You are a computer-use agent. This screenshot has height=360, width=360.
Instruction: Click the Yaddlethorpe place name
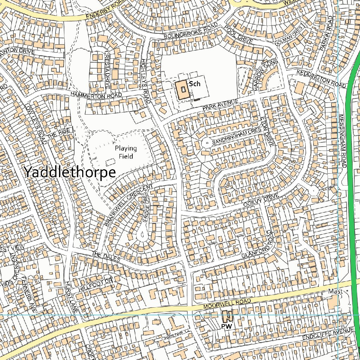point(70,172)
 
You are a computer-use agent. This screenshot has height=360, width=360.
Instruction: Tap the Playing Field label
point(126,152)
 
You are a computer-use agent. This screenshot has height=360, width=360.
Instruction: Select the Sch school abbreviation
point(194,84)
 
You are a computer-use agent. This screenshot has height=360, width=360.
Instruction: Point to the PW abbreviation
point(227,327)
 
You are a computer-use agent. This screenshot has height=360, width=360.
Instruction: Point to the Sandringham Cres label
point(237,136)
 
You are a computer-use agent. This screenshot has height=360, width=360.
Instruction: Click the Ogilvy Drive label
point(261,200)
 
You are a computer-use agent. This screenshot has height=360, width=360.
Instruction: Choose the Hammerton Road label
point(96,95)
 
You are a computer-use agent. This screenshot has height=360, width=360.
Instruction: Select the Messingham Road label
point(343,141)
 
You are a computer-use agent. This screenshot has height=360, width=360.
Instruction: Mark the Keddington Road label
point(321,78)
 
